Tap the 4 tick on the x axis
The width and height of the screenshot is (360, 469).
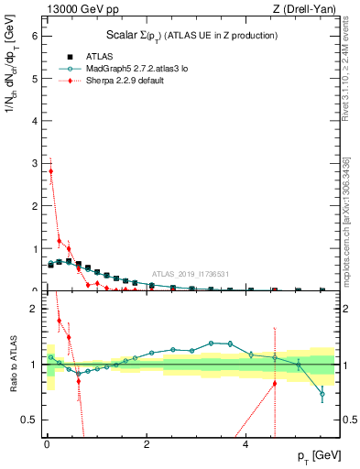246,445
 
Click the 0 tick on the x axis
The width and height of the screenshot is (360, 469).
47,445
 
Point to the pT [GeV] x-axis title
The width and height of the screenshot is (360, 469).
317,456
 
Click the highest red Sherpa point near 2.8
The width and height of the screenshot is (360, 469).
51,170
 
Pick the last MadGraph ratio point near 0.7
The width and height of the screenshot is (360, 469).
322,395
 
